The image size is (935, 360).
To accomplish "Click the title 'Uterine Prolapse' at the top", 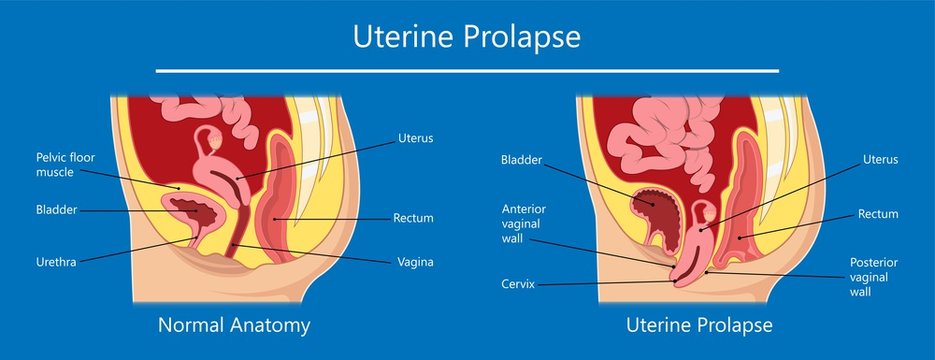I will [467, 38].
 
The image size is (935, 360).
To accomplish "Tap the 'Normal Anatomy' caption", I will [234, 325].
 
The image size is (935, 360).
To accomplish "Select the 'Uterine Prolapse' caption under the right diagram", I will [699, 325].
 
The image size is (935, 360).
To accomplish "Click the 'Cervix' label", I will [518, 284].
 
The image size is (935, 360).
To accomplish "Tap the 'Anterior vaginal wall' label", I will [523, 224].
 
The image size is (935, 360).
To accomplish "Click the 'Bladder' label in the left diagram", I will [57, 210].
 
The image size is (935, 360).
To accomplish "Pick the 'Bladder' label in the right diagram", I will [522, 159].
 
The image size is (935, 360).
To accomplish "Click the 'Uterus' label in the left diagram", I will [415, 137].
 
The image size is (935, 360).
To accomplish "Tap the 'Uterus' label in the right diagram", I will [880, 159].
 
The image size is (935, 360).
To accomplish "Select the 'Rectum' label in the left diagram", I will [413, 218].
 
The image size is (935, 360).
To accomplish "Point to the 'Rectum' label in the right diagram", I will [878, 214].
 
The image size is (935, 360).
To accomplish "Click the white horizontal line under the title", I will [467, 71].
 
